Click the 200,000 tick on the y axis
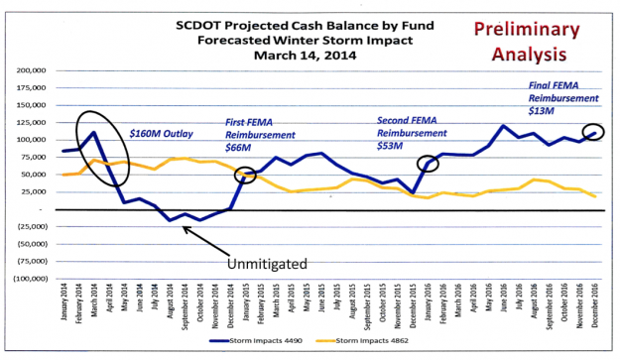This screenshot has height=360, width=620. coord(38,72)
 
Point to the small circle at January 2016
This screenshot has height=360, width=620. coord(428,165)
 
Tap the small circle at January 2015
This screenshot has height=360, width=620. coord(245,175)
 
